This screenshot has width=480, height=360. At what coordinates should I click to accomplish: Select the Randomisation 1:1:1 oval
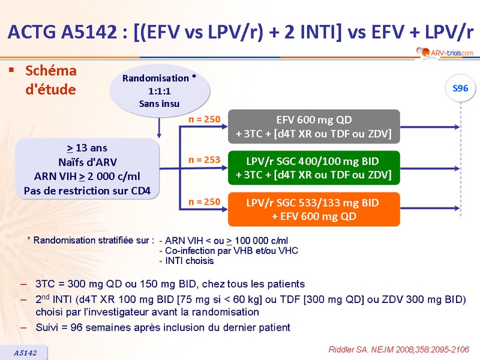tap(159, 91)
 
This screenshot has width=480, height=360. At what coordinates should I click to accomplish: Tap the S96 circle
tap(460, 89)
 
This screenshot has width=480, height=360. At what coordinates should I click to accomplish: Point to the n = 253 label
tap(204, 160)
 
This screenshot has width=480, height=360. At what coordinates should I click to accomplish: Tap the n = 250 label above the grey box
tap(204, 119)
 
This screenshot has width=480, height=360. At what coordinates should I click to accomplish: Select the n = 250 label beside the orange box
tap(204, 202)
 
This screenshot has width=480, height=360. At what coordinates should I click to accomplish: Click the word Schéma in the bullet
tap(51, 71)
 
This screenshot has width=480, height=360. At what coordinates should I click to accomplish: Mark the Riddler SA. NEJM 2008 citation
tap(400, 349)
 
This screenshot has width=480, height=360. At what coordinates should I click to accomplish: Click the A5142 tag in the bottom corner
tap(25, 353)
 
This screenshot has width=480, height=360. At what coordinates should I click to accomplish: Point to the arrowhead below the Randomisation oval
tap(159, 136)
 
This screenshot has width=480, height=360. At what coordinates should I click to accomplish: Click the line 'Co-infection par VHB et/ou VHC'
tap(228, 251)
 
